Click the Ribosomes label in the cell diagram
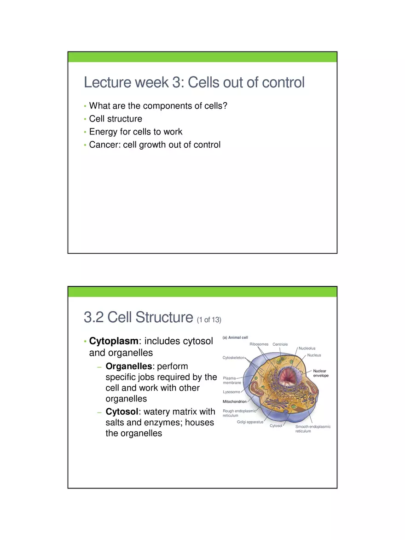tap(259, 344)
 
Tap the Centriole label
tap(280, 344)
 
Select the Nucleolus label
tap(307, 348)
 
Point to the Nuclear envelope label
tap(320, 373)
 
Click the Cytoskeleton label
tap(233, 358)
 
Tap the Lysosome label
tap(231, 392)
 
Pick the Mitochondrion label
tap(234, 402)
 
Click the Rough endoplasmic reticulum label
tap(239, 413)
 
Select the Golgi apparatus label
tap(250, 422)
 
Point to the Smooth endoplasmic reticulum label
tap(312, 429)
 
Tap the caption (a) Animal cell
tap(235, 338)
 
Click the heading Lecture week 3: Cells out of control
tap(194, 83)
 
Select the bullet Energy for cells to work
tap(135, 132)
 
